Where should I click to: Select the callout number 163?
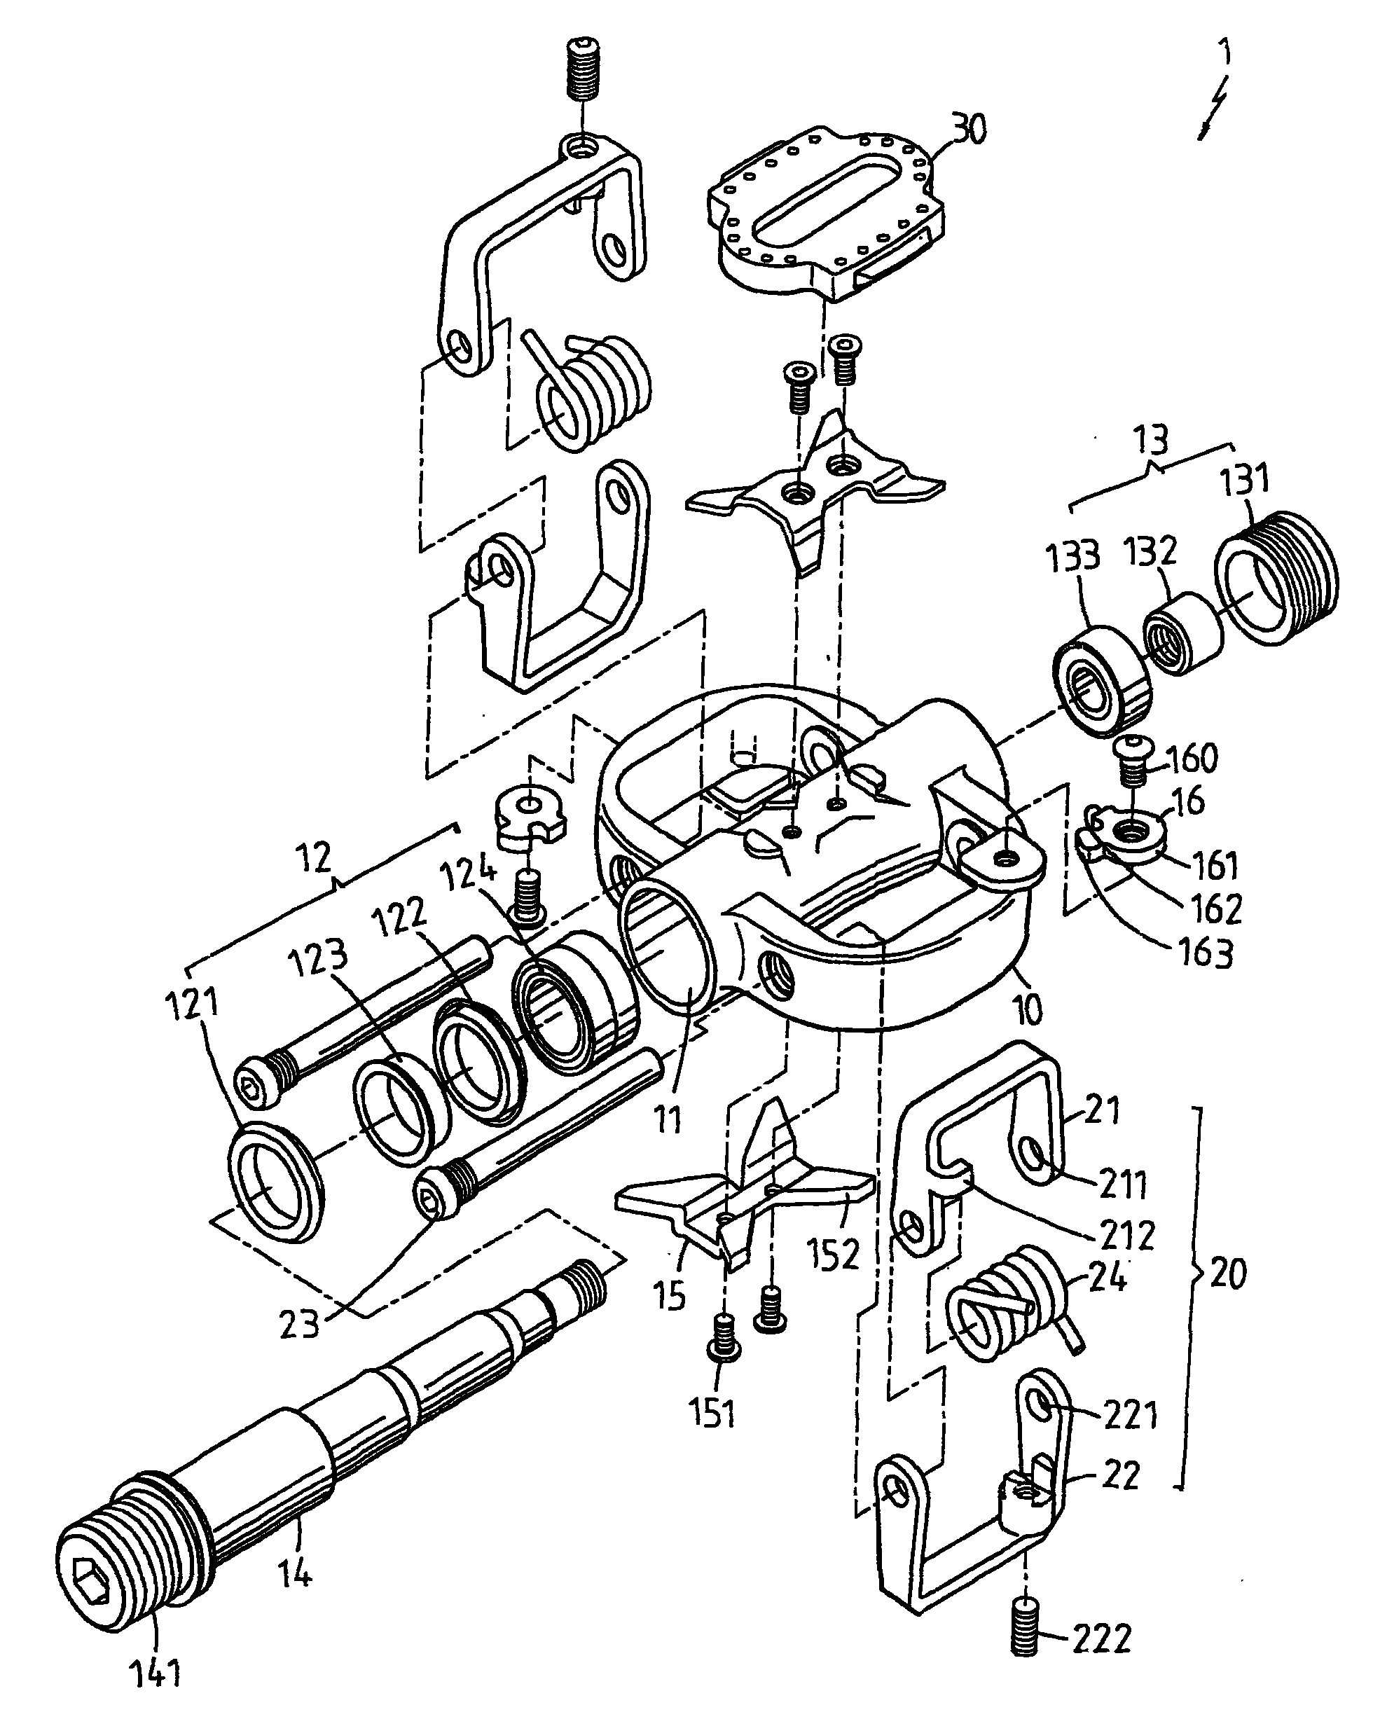1206,953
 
